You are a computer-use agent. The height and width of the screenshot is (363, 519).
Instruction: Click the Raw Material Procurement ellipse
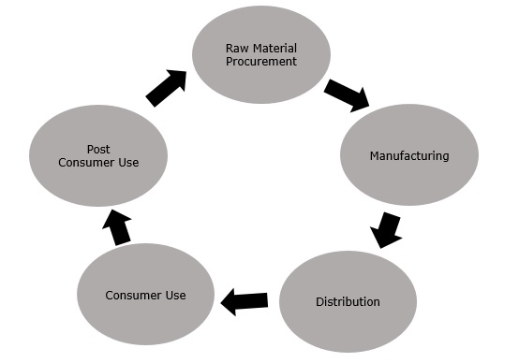(260, 54)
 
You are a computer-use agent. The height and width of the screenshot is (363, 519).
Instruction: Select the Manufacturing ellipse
(408, 154)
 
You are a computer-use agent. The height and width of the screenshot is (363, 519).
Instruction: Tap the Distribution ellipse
(348, 301)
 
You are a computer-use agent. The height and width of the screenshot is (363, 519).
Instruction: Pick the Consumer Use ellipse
(145, 295)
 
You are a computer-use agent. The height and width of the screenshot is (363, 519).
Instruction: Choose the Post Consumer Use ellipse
(98, 155)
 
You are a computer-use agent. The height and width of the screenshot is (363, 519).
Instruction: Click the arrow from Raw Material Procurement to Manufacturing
(347, 94)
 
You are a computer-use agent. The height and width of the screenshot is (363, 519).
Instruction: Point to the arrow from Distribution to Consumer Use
(245, 300)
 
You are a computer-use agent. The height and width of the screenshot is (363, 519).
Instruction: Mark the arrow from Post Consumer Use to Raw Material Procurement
(166, 87)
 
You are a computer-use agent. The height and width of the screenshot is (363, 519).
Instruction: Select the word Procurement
(261, 62)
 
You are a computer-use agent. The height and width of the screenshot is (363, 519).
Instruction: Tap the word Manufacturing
(408, 155)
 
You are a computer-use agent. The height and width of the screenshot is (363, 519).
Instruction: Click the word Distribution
(348, 302)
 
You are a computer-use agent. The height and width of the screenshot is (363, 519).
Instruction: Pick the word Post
(98, 149)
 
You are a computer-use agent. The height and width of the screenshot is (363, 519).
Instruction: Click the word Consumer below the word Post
(85, 163)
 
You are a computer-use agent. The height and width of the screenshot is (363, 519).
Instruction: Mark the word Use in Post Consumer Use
(127, 163)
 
